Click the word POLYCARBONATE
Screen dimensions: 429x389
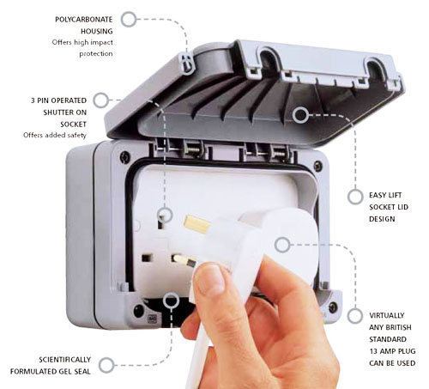point(84,20)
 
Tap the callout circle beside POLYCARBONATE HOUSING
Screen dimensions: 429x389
point(129,20)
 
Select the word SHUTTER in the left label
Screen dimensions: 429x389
point(56,112)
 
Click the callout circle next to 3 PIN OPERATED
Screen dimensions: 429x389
point(101,100)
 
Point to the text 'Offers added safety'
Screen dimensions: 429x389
point(55,135)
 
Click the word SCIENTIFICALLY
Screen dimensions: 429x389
point(65,360)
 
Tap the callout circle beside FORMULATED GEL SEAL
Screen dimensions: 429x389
point(106,365)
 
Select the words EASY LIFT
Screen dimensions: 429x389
point(385,195)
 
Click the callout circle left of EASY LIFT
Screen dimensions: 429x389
point(355,197)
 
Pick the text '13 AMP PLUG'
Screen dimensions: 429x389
point(392,351)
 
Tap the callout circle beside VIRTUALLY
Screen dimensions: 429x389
point(355,316)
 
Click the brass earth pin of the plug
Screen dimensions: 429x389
point(197,224)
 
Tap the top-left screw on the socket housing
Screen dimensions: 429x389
point(124,157)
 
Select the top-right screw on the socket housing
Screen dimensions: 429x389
point(317,165)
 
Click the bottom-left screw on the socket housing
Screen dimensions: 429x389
point(138,311)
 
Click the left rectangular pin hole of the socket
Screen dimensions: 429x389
point(146,258)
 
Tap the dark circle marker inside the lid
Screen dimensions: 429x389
point(300,115)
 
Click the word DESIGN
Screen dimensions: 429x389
point(382,219)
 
